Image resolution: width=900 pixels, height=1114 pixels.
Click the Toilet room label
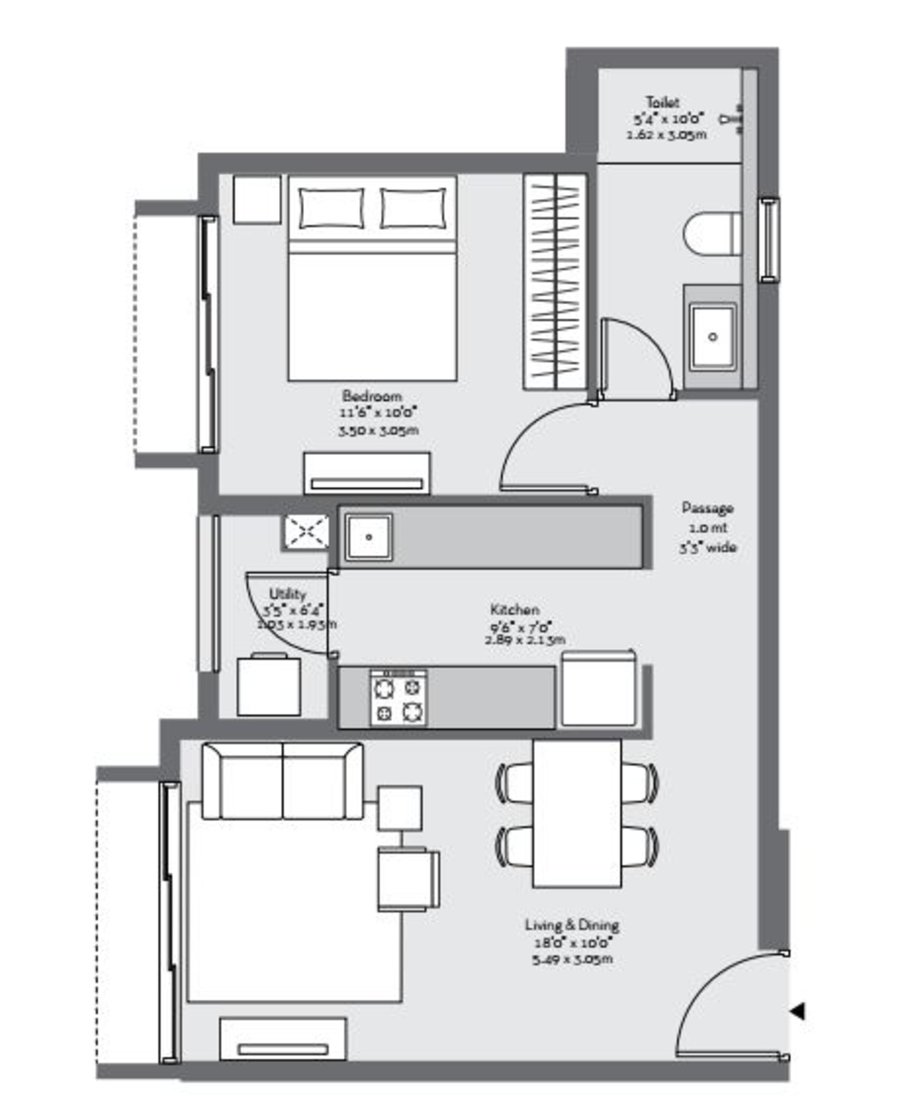click(x=662, y=102)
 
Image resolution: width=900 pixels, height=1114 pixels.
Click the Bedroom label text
click(x=372, y=396)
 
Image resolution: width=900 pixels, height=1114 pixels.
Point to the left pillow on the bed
click(x=331, y=208)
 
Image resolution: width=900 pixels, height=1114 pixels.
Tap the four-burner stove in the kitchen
click(x=398, y=697)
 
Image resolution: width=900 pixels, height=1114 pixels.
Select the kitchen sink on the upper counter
click(x=369, y=537)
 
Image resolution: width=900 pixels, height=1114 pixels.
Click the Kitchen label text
click(x=514, y=609)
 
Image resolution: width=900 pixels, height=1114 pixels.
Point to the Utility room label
click(x=287, y=594)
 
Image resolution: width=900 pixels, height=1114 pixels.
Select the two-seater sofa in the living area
click(x=282, y=782)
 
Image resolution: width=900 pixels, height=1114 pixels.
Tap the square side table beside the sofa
click(x=399, y=808)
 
